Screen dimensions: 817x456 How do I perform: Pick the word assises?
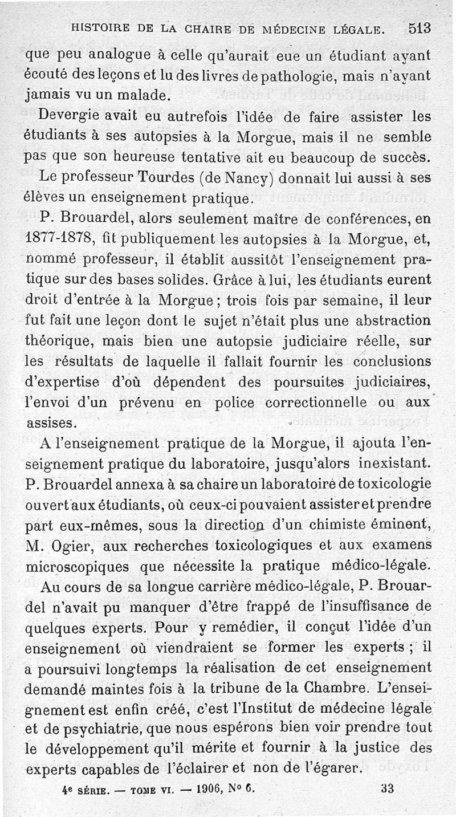coord(50,422)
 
